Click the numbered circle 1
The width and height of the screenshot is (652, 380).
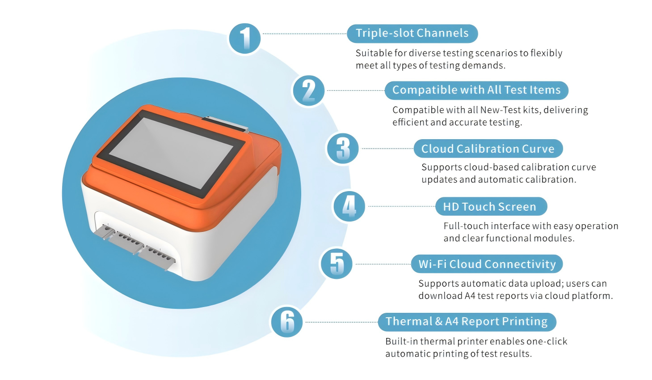(x=244, y=38)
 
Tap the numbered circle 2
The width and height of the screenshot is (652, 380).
(x=308, y=91)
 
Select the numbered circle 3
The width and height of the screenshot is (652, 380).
(x=343, y=149)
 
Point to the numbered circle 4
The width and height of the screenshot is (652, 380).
(x=349, y=206)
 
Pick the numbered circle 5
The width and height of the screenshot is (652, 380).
(x=337, y=264)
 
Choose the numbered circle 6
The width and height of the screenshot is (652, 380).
(x=287, y=322)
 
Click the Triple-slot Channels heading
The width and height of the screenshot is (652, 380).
(x=412, y=34)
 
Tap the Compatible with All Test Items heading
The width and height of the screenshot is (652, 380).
(x=476, y=90)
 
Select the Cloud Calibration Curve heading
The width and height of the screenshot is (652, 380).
(x=488, y=149)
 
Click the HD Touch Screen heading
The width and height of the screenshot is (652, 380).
(x=491, y=206)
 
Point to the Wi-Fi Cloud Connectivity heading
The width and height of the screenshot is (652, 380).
(x=487, y=264)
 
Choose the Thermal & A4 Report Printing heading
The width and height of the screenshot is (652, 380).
(x=467, y=322)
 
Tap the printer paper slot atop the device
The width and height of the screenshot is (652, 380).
(x=225, y=124)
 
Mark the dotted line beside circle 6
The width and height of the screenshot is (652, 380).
(x=340, y=322)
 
